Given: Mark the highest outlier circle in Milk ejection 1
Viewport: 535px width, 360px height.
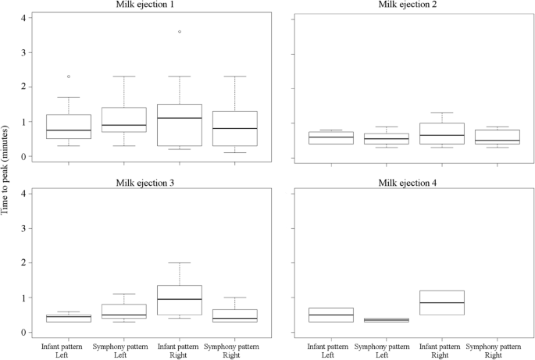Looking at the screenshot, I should (x=180, y=32).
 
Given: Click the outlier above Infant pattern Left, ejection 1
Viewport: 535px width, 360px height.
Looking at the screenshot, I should (x=69, y=77).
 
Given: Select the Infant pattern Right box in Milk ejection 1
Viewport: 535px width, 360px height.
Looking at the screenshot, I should (x=180, y=125).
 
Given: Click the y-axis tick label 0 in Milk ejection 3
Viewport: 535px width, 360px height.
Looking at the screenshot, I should (x=24, y=333).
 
